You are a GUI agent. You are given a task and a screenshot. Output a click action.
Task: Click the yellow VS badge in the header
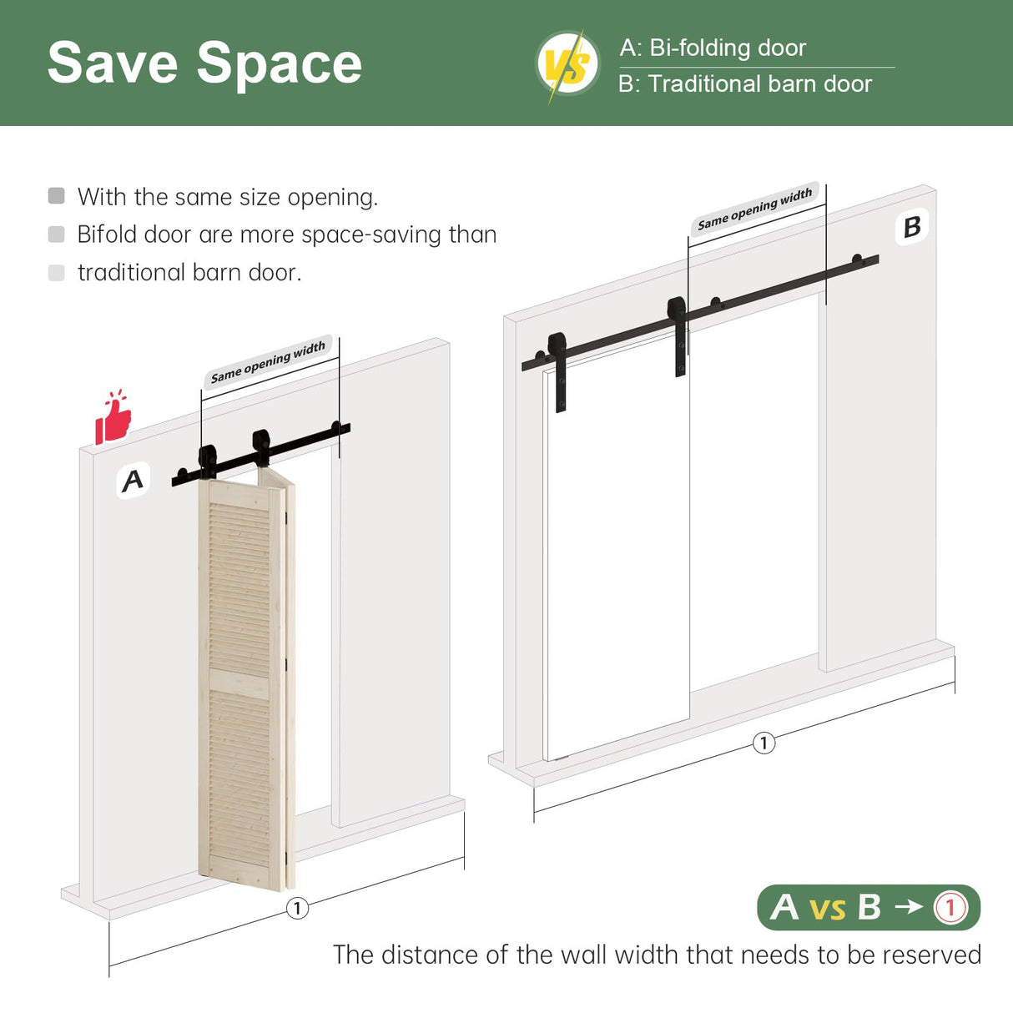click(x=567, y=64)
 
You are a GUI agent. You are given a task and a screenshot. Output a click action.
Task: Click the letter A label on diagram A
click(x=133, y=481)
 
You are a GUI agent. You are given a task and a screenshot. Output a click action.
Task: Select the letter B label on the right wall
click(x=912, y=226)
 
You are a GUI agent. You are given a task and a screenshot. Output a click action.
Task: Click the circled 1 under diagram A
click(x=297, y=908)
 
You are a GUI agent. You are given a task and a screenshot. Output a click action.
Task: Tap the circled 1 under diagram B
click(x=764, y=743)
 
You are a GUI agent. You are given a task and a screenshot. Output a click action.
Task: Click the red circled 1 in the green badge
click(x=950, y=907)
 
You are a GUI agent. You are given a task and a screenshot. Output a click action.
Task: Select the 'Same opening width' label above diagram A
click(x=268, y=362)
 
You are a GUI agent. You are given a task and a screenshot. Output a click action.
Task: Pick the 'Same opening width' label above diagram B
click(x=754, y=209)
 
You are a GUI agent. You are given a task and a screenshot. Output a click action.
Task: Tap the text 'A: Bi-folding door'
click(x=713, y=48)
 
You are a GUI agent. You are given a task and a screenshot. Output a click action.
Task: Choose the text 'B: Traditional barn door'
click(x=744, y=84)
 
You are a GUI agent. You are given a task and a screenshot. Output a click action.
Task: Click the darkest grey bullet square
click(x=57, y=196)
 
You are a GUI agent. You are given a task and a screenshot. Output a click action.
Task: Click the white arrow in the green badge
click(x=908, y=907)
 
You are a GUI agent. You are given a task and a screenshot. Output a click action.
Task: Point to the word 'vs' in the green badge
click(x=827, y=909)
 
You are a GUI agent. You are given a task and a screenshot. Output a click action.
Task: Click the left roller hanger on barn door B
click(x=558, y=367)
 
